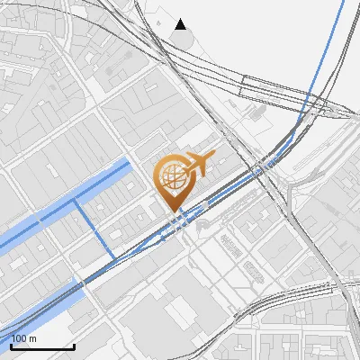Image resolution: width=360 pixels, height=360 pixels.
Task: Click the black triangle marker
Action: (x=181, y=23)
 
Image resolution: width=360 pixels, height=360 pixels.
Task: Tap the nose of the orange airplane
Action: (x=213, y=157)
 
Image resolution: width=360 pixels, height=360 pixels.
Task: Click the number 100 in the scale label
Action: (x=17, y=339)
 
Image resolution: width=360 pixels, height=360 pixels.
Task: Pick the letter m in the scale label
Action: (x=31, y=339)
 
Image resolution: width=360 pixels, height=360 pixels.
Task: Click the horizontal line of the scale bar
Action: (x=42, y=347)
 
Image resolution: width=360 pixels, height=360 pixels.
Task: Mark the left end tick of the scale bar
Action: (x=11, y=345)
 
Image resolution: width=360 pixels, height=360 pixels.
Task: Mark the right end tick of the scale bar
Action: (x=74, y=345)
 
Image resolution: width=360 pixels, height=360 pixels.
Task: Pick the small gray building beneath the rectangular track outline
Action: (x=257, y=114)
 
